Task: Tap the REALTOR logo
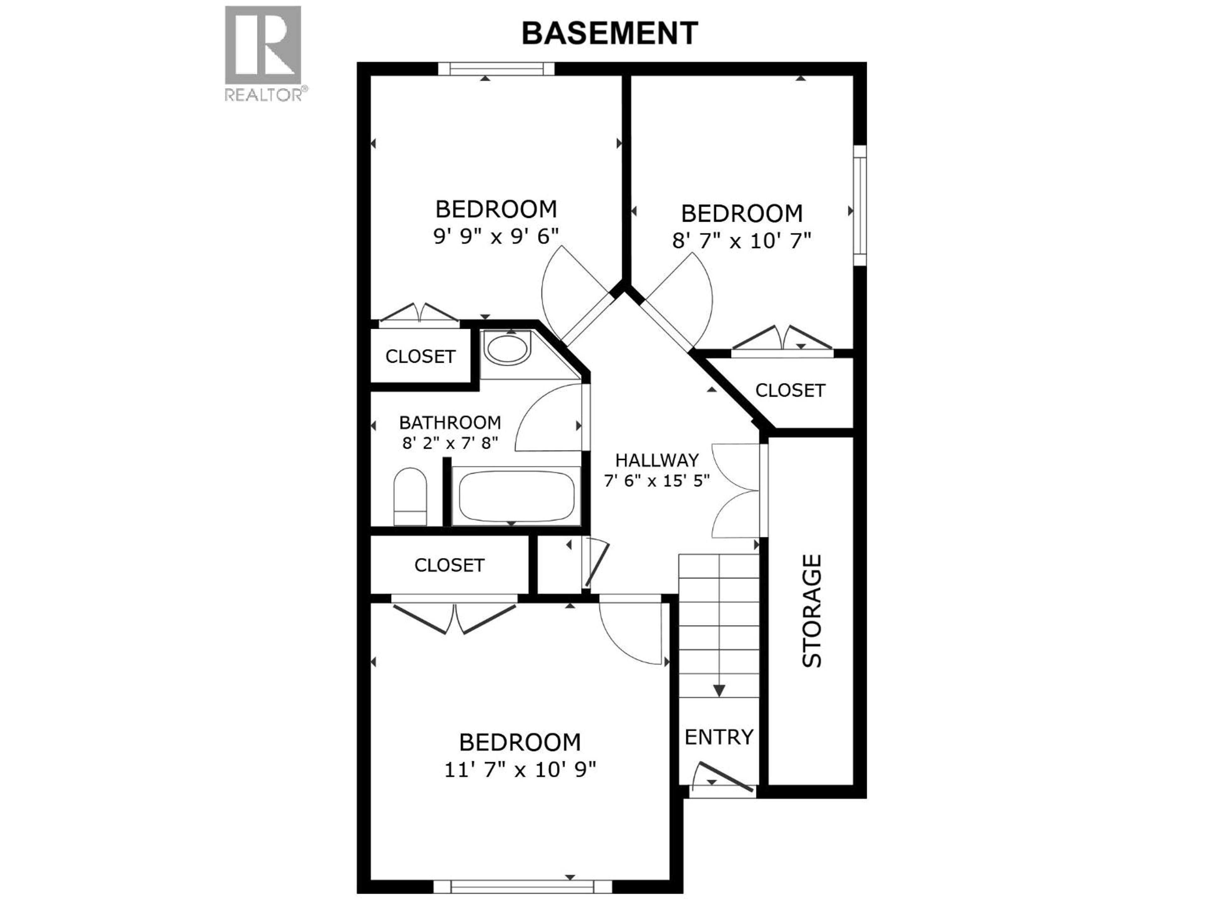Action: (263, 53)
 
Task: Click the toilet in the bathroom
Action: (410, 496)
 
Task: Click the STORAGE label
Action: (812, 611)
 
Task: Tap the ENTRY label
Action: (719, 737)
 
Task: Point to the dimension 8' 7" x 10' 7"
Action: (742, 241)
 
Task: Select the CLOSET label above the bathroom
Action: (420, 356)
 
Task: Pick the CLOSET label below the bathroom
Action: (449, 565)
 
